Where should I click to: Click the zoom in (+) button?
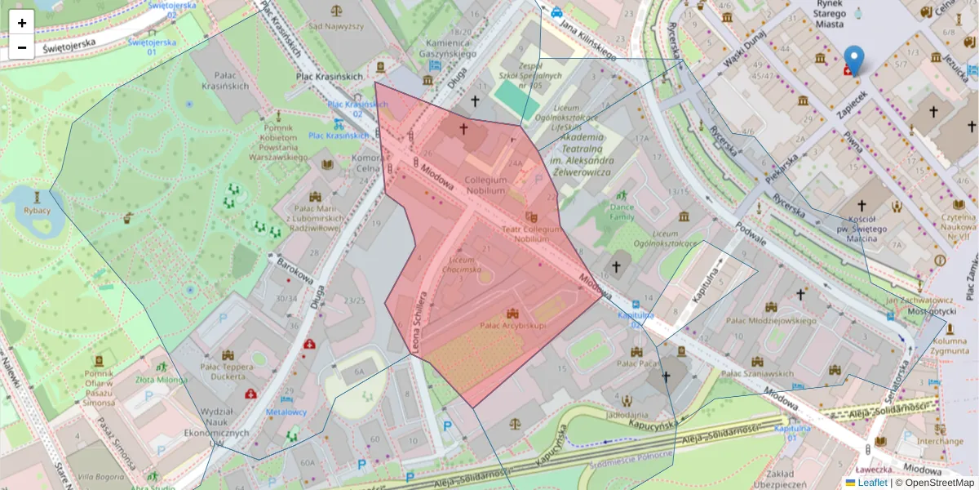[x=22, y=23]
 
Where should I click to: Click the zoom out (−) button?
[x=22, y=47]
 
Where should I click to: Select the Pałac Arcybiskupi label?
[x=513, y=325]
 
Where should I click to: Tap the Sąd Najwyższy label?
[x=335, y=25]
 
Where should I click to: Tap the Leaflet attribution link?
[x=871, y=483]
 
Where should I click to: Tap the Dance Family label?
[x=622, y=212]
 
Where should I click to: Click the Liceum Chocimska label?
[x=461, y=264]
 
